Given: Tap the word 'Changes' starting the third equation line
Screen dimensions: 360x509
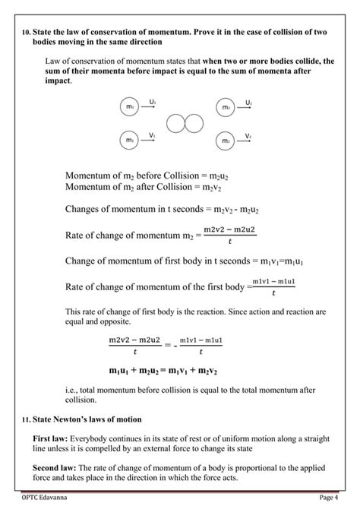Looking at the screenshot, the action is (x=84, y=210).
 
